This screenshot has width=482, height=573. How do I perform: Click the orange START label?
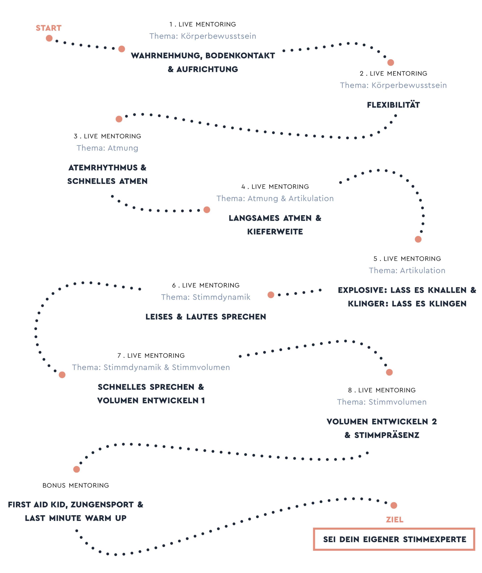tap(49, 28)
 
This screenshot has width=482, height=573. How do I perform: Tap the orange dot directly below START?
tap(49, 38)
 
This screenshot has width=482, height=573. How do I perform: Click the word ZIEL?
tap(395, 520)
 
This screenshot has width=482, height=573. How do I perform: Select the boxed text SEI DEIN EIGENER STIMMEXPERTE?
tap(394, 539)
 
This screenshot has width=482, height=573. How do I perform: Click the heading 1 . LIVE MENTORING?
tap(202, 24)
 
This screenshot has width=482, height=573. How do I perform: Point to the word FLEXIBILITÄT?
tap(393, 105)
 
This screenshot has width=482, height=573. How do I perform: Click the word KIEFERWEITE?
tap(275, 232)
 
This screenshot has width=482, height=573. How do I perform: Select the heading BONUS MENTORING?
tap(76, 485)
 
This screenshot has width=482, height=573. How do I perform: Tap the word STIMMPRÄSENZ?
tap(387, 435)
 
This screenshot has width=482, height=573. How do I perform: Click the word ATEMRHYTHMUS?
tap(103, 168)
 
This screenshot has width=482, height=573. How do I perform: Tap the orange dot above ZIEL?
tap(394, 505)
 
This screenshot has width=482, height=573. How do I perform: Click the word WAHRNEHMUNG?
tap(167, 56)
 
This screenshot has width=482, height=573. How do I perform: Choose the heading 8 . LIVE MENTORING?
tap(382, 390)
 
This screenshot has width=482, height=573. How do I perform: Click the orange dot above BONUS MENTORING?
tap(76, 469)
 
